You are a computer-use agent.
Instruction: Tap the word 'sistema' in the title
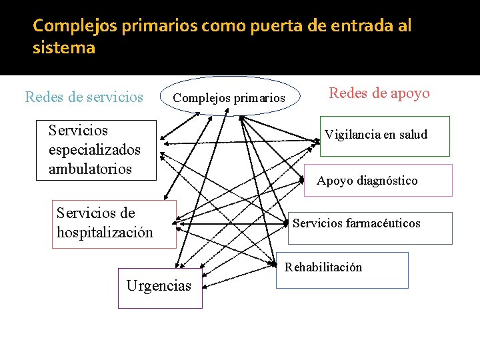(x=64, y=48)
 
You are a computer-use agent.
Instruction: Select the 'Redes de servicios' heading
(x=84, y=97)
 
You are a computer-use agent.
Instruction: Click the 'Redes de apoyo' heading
(x=379, y=93)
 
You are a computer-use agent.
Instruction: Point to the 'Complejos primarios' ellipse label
(x=229, y=99)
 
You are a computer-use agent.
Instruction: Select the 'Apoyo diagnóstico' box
(x=378, y=181)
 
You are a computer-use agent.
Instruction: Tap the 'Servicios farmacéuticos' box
(x=369, y=223)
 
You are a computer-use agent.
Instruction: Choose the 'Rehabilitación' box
(x=342, y=269)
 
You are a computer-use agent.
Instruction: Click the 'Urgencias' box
(x=159, y=287)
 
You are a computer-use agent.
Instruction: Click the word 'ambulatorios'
(x=91, y=169)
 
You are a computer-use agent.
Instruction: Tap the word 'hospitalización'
(x=105, y=233)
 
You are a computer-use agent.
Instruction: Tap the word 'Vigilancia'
(x=351, y=135)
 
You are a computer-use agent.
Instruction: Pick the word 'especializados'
(x=95, y=149)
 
